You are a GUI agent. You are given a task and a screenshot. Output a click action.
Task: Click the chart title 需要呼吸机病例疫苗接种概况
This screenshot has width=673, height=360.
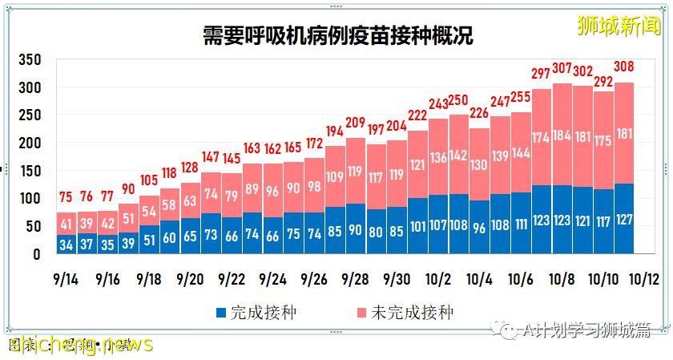(336, 35)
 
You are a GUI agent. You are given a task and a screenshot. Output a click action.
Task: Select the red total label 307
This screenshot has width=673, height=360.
(561, 67)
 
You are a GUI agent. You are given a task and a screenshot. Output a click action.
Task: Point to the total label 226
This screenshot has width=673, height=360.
(479, 112)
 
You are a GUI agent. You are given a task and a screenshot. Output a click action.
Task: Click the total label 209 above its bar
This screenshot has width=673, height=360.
(355, 123)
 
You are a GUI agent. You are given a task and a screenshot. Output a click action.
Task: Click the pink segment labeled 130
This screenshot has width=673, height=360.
(479, 164)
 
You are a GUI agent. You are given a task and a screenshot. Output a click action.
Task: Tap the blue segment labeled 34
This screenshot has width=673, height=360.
(67, 243)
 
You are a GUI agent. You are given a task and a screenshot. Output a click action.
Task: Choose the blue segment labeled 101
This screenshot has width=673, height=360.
(417, 227)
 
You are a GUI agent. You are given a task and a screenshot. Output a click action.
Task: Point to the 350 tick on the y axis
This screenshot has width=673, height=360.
(30, 61)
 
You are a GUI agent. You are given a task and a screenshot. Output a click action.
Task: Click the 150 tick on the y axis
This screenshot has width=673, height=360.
(30, 171)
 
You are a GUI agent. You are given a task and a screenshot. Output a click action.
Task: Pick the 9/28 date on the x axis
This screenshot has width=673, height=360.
(355, 279)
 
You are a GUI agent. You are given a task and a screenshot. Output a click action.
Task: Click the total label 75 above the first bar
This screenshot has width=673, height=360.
(67, 196)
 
